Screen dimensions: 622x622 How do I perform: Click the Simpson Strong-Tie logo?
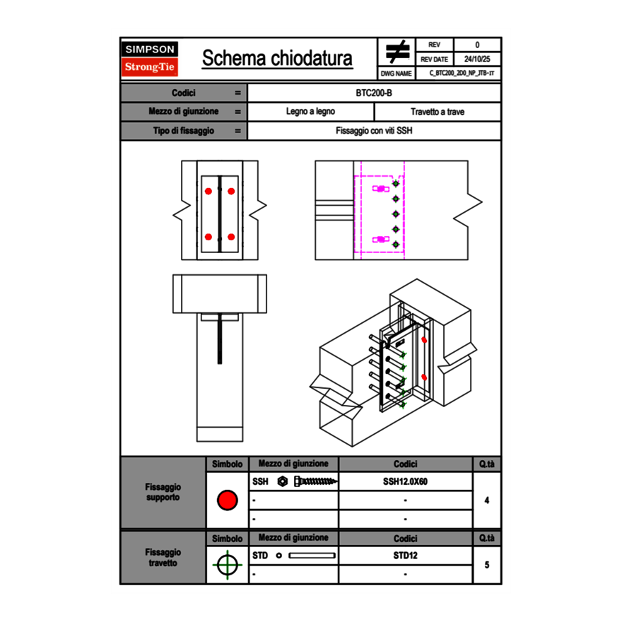(x=150, y=59)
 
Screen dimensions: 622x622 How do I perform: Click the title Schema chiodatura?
(x=277, y=59)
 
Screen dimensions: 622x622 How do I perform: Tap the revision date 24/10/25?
(x=477, y=59)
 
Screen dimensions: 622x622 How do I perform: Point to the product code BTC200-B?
(x=374, y=93)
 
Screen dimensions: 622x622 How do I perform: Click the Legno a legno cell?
(x=310, y=112)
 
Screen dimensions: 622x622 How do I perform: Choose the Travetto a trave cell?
(x=437, y=112)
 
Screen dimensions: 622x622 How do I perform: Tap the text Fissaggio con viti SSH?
(x=374, y=131)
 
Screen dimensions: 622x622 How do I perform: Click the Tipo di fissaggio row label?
(x=183, y=131)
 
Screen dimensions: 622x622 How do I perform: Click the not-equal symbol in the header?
(x=397, y=52)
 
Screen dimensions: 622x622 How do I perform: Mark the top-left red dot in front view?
(x=209, y=192)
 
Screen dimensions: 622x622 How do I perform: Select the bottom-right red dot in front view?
(x=231, y=237)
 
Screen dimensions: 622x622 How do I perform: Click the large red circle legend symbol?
(x=226, y=500)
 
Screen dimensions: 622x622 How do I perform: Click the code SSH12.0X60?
(x=405, y=481)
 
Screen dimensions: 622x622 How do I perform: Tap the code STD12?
(x=405, y=556)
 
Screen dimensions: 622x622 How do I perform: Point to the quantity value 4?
(x=486, y=500)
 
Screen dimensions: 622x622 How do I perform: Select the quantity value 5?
(x=486, y=565)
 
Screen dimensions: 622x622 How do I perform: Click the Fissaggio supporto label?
(x=163, y=492)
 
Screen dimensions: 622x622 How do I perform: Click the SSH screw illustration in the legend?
(x=315, y=481)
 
